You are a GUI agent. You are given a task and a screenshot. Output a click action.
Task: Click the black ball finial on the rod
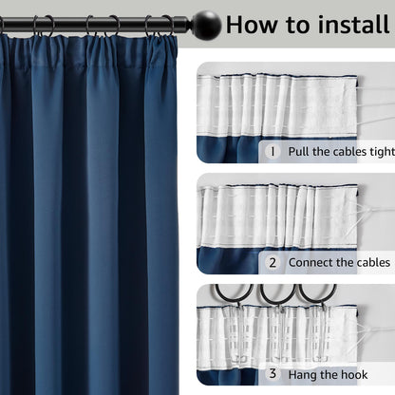point(206,23)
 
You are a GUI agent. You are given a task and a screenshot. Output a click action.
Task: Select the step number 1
point(273,151)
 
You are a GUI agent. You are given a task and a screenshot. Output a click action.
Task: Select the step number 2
point(273,262)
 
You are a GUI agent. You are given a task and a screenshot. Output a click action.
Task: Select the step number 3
point(273,373)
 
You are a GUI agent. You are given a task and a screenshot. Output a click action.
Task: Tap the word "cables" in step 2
point(367,262)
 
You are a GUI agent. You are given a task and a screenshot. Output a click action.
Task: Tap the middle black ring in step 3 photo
point(276,294)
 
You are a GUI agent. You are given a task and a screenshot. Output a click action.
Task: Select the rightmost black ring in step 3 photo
point(316,294)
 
